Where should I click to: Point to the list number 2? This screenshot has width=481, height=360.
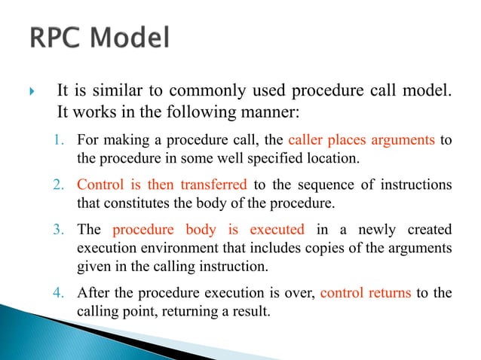click(65, 186)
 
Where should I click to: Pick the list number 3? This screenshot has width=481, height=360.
click(65, 229)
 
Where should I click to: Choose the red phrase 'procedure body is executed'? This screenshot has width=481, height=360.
click(208, 229)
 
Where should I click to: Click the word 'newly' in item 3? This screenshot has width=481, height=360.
click(357, 229)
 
